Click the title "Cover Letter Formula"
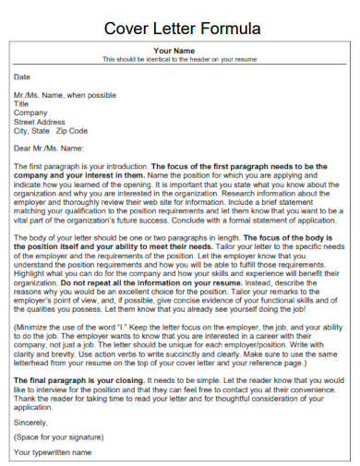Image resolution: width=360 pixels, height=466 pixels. tap(181, 28)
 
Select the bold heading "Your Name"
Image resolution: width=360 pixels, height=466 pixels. tap(174, 51)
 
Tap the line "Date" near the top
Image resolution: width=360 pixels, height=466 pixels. tap(22, 78)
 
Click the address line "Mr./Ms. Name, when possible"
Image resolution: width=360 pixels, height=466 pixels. tap(65, 95)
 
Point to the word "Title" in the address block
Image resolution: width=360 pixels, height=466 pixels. tap(22, 104)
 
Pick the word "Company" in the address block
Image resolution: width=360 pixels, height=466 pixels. tap(30, 113)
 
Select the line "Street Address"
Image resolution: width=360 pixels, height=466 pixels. tap(40, 122)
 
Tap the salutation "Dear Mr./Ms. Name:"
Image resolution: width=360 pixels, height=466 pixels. tap(49, 148)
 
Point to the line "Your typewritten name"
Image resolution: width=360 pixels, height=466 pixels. tap(54, 452)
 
